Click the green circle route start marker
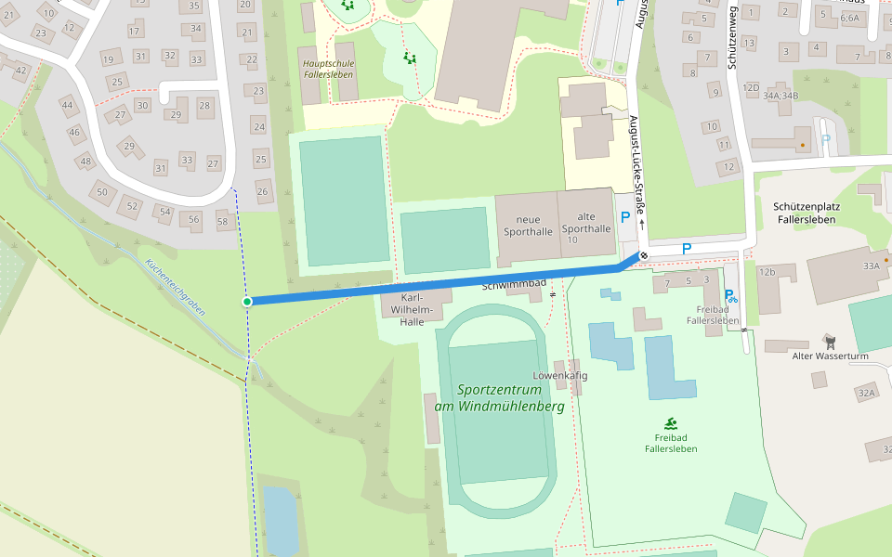click(x=247, y=302)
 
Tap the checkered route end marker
click(x=643, y=255)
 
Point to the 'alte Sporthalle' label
click(x=586, y=222)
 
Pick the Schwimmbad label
click(x=513, y=285)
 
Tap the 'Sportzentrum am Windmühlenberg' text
click(x=499, y=398)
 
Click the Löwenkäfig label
click(x=560, y=376)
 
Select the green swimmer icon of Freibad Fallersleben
click(x=671, y=423)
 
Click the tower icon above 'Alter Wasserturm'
click(x=830, y=342)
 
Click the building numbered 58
click(x=222, y=222)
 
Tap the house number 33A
click(x=871, y=266)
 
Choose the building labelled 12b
click(x=767, y=272)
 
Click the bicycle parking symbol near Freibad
click(x=730, y=296)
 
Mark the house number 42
click(x=20, y=70)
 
